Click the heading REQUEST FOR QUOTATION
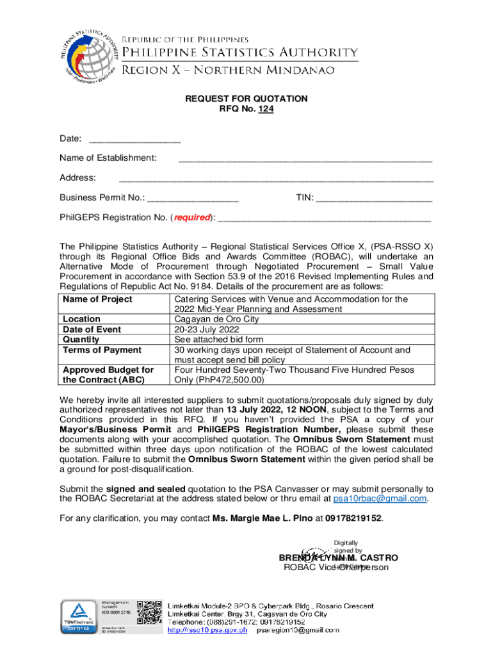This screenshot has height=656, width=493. click(x=247, y=99)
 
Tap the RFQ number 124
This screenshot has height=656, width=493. click(x=265, y=110)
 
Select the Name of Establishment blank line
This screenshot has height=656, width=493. click(x=305, y=159)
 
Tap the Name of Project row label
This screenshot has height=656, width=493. click(x=97, y=299)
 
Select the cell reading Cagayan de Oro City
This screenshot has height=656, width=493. click(x=216, y=319)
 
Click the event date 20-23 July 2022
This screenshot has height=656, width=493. click(x=206, y=329)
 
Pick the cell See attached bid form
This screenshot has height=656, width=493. click(x=218, y=340)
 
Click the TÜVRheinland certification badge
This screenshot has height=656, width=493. click(x=77, y=616)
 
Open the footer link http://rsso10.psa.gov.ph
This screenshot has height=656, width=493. click(x=207, y=631)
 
